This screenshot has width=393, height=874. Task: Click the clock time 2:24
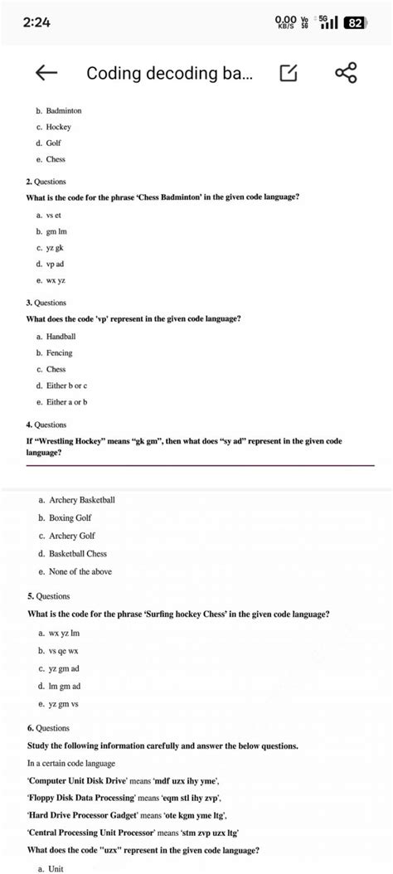pyautogui.click(x=37, y=22)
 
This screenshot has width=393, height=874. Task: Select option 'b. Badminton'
pyautogui.click(x=58, y=110)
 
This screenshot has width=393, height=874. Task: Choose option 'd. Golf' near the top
pyautogui.click(x=49, y=143)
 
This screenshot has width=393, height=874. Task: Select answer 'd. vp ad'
pyautogui.click(x=51, y=264)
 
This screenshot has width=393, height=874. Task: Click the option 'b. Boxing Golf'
pyautogui.click(x=72, y=518)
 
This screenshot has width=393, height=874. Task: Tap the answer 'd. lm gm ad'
pyautogui.click(x=59, y=686)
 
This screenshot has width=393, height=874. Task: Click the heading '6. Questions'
pyautogui.click(x=48, y=727)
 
